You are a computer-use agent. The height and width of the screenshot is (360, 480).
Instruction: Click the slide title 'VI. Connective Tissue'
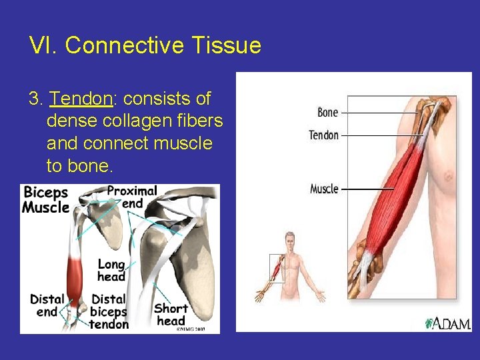point(145,45)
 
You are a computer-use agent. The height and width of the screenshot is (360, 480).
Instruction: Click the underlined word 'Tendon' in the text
point(81,99)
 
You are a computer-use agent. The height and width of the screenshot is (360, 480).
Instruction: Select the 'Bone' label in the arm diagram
point(327,113)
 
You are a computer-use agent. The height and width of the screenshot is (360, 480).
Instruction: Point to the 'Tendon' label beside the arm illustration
point(324,135)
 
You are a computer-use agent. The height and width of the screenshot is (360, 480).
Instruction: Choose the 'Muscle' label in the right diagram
point(324,189)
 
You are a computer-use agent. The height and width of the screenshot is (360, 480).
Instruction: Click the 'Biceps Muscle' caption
point(45,200)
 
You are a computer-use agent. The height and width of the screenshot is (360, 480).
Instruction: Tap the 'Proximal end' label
point(132,197)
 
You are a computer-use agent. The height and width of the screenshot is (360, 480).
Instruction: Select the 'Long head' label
point(111,270)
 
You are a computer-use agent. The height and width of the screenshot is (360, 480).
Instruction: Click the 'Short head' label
point(171,315)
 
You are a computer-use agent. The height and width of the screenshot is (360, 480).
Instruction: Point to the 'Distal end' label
point(47,305)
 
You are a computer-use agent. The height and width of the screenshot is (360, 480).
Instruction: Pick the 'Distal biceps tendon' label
point(110,311)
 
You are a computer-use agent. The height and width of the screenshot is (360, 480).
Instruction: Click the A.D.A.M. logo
point(448,323)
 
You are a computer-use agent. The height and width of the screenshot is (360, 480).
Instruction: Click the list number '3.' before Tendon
point(36,99)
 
